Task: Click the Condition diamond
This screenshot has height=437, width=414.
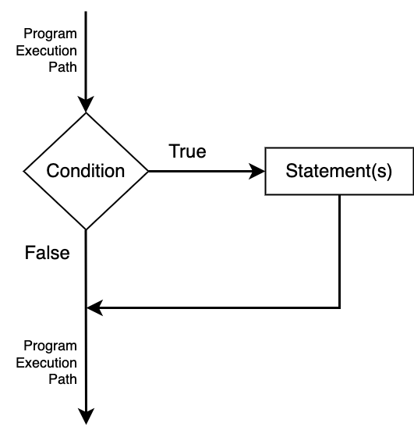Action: (86, 171)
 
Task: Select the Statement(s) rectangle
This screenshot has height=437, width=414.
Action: (339, 171)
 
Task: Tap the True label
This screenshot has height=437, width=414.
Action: (187, 151)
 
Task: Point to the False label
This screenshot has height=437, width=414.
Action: (47, 253)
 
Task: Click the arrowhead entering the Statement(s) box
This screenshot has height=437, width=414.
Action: (257, 171)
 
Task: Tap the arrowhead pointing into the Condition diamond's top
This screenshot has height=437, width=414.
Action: (86, 105)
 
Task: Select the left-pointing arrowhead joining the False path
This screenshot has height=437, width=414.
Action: (95, 308)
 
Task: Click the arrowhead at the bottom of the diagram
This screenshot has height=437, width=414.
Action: (86, 417)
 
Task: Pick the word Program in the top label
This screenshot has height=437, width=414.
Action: (50, 34)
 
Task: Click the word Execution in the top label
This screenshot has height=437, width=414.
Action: (46, 51)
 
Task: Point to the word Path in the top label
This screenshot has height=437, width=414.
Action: (62, 67)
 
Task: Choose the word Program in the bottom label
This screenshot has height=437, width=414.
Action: (50, 346)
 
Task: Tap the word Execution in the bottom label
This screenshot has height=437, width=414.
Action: (46, 363)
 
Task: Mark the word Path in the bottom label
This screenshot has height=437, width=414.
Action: (62, 379)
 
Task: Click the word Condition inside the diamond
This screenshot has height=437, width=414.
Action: (86, 171)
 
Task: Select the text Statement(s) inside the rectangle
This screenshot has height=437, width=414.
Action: (339, 171)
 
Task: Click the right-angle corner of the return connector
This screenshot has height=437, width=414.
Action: (340, 308)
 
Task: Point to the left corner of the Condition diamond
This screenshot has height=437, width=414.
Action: (23, 172)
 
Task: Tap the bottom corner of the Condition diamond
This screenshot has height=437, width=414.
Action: (86, 230)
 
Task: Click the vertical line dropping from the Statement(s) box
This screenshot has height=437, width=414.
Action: (340, 251)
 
